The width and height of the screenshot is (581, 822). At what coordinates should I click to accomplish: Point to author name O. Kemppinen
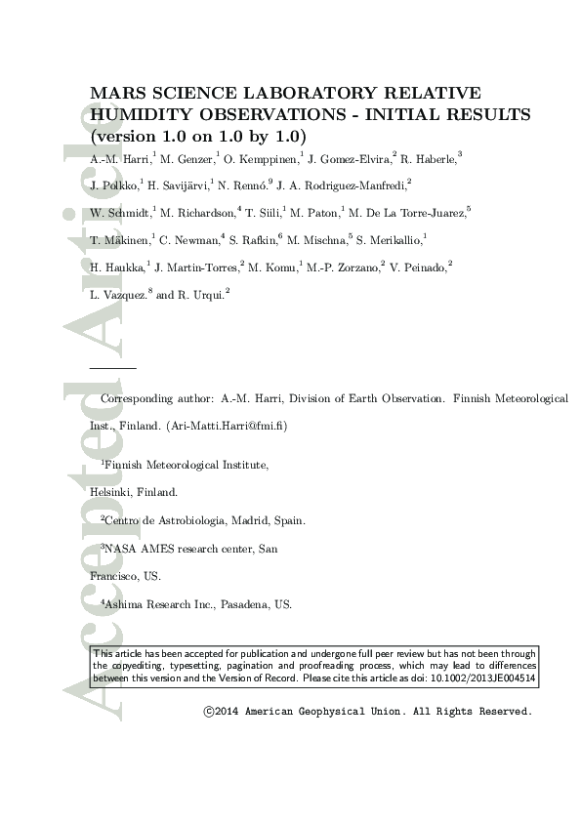(262, 159)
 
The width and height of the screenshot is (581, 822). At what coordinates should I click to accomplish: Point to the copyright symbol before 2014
(208, 712)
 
